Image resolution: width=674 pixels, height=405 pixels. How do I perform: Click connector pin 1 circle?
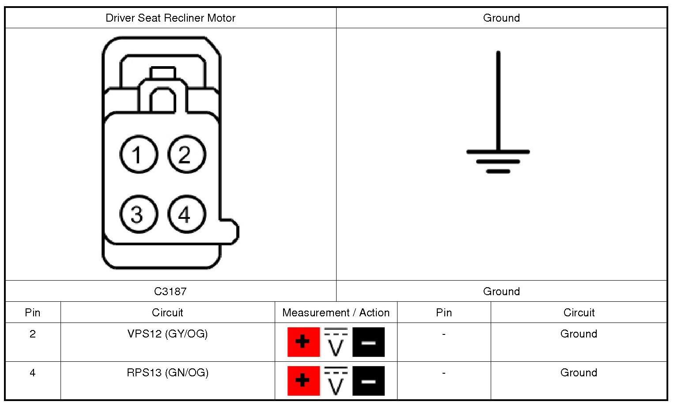(139, 154)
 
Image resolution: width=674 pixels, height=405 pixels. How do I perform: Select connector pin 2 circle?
(186, 154)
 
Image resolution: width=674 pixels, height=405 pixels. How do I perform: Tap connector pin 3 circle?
(139, 214)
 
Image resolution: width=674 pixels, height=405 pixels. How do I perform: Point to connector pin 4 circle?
(186, 214)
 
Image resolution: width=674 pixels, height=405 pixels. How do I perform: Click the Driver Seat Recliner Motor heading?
(170, 18)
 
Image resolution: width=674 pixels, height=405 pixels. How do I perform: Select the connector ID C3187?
(170, 291)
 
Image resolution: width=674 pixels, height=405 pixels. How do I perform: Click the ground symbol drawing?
(498, 115)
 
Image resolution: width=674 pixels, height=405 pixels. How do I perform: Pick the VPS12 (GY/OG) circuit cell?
(167, 334)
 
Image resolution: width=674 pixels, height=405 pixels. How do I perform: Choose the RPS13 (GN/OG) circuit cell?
(167, 373)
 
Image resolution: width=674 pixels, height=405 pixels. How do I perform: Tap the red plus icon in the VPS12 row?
(303, 342)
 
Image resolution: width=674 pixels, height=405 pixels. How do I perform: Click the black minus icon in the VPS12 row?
(368, 342)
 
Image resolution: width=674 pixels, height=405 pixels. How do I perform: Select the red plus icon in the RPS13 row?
(303, 380)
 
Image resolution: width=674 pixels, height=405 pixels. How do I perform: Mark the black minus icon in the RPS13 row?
(368, 380)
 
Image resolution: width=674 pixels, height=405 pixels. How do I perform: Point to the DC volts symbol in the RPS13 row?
(336, 380)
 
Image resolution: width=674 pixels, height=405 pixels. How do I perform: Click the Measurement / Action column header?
(336, 313)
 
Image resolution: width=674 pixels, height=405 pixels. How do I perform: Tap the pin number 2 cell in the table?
(33, 334)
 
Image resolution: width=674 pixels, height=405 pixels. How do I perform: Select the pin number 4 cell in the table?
(33, 373)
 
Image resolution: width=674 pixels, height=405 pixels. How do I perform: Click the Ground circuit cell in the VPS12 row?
(579, 334)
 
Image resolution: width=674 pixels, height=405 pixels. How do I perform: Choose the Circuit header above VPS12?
(167, 313)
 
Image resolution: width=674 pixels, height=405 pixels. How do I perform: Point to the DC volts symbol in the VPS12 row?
(336, 342)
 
